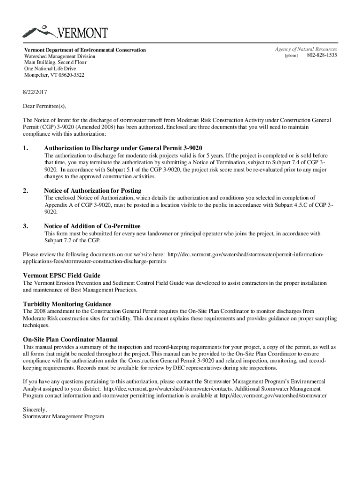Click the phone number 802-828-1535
pos(322,56)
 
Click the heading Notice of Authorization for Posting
pos(93,190)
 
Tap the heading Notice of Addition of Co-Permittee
pos(92,226)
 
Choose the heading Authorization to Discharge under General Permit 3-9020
pos(123,148)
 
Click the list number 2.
pos(25,190)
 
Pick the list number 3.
pos(25,226)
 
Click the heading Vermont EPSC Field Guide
pos(62,276)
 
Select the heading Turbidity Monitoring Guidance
pos(67,304)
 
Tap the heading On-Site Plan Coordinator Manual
pos(70,339)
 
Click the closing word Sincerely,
pos(35,409)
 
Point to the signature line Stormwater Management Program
pos(64,416)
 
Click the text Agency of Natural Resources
pos(306,49)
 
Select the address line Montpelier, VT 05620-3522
pos(54,75)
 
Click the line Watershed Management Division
pos(59,56)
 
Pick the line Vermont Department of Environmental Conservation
pos(85,50)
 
